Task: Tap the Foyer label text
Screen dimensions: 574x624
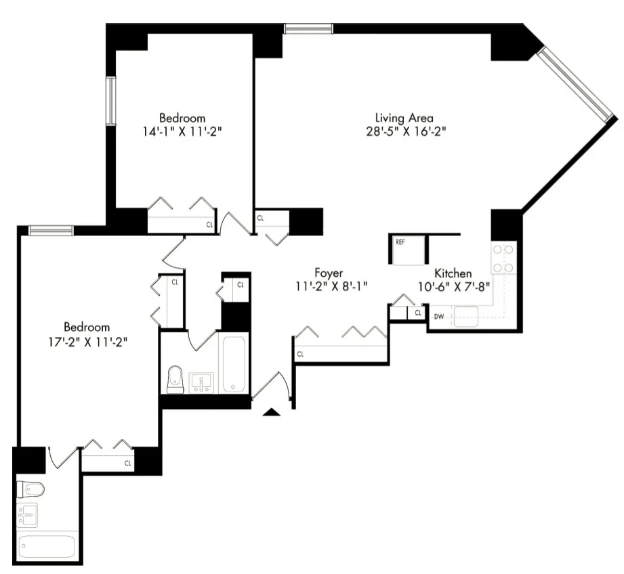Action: click(x=328, y=273)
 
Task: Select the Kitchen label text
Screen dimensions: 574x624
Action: click(x=453, y=273)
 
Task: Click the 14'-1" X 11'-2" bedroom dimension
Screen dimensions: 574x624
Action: click(x=182, y=131)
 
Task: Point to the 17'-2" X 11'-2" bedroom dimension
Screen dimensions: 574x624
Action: click(x=87, y=340)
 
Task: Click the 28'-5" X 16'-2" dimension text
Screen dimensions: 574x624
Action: click(x=404, y=131)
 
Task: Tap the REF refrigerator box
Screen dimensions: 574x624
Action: click(x=407, y=250)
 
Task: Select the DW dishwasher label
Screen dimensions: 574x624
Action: click(x=438, y=317)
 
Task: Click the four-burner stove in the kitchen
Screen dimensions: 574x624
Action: click(x=503, y=258)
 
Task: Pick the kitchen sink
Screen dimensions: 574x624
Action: click(x=467, y=316)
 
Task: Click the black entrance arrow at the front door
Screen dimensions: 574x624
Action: click(x=272, y=412)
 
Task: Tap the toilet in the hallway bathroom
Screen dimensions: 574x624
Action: click(x=175, y=379)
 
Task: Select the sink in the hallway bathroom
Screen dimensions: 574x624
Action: click(x=201, y=382)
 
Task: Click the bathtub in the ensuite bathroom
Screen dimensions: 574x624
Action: click(x=46, y=546)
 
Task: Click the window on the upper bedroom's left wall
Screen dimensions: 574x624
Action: click(x=110, y=100)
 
